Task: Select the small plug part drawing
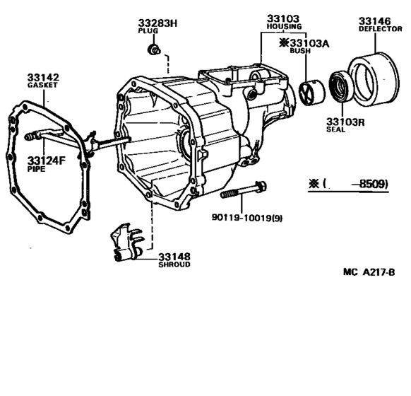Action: point(152,50)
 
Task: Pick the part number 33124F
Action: point(47,161)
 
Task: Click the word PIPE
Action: point(36,170)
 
